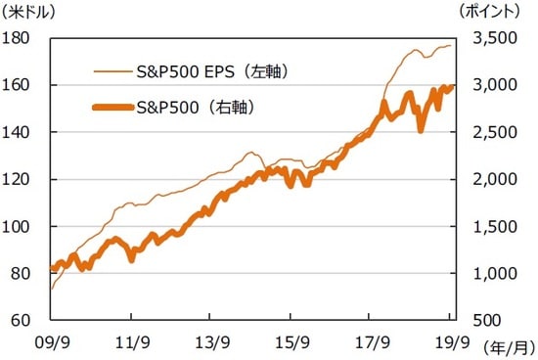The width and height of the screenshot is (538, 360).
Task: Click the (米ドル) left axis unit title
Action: [x=31, y=13]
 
